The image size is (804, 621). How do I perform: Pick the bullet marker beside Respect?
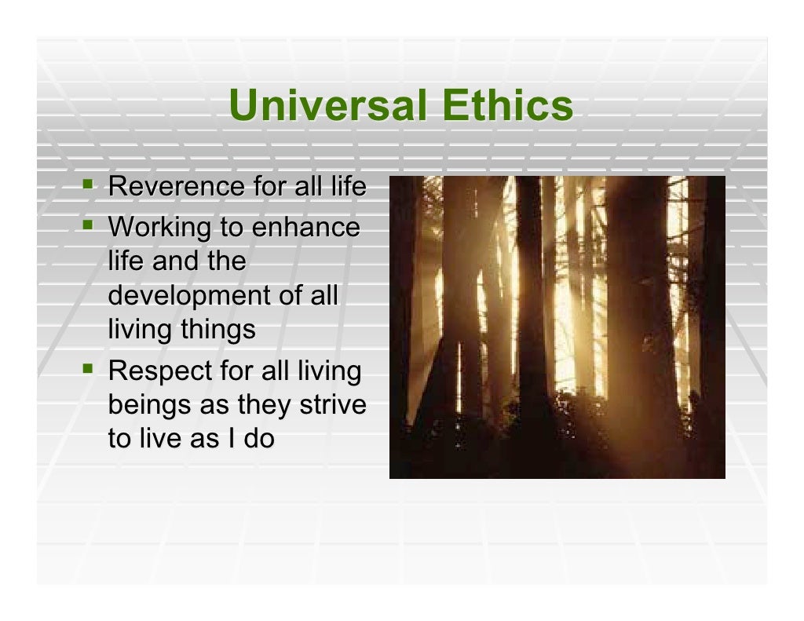pos(87,368)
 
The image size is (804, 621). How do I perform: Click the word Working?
pos(153,228)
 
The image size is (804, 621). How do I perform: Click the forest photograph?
pos(557,327)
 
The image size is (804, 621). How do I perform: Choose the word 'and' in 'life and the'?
pos(176,261)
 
